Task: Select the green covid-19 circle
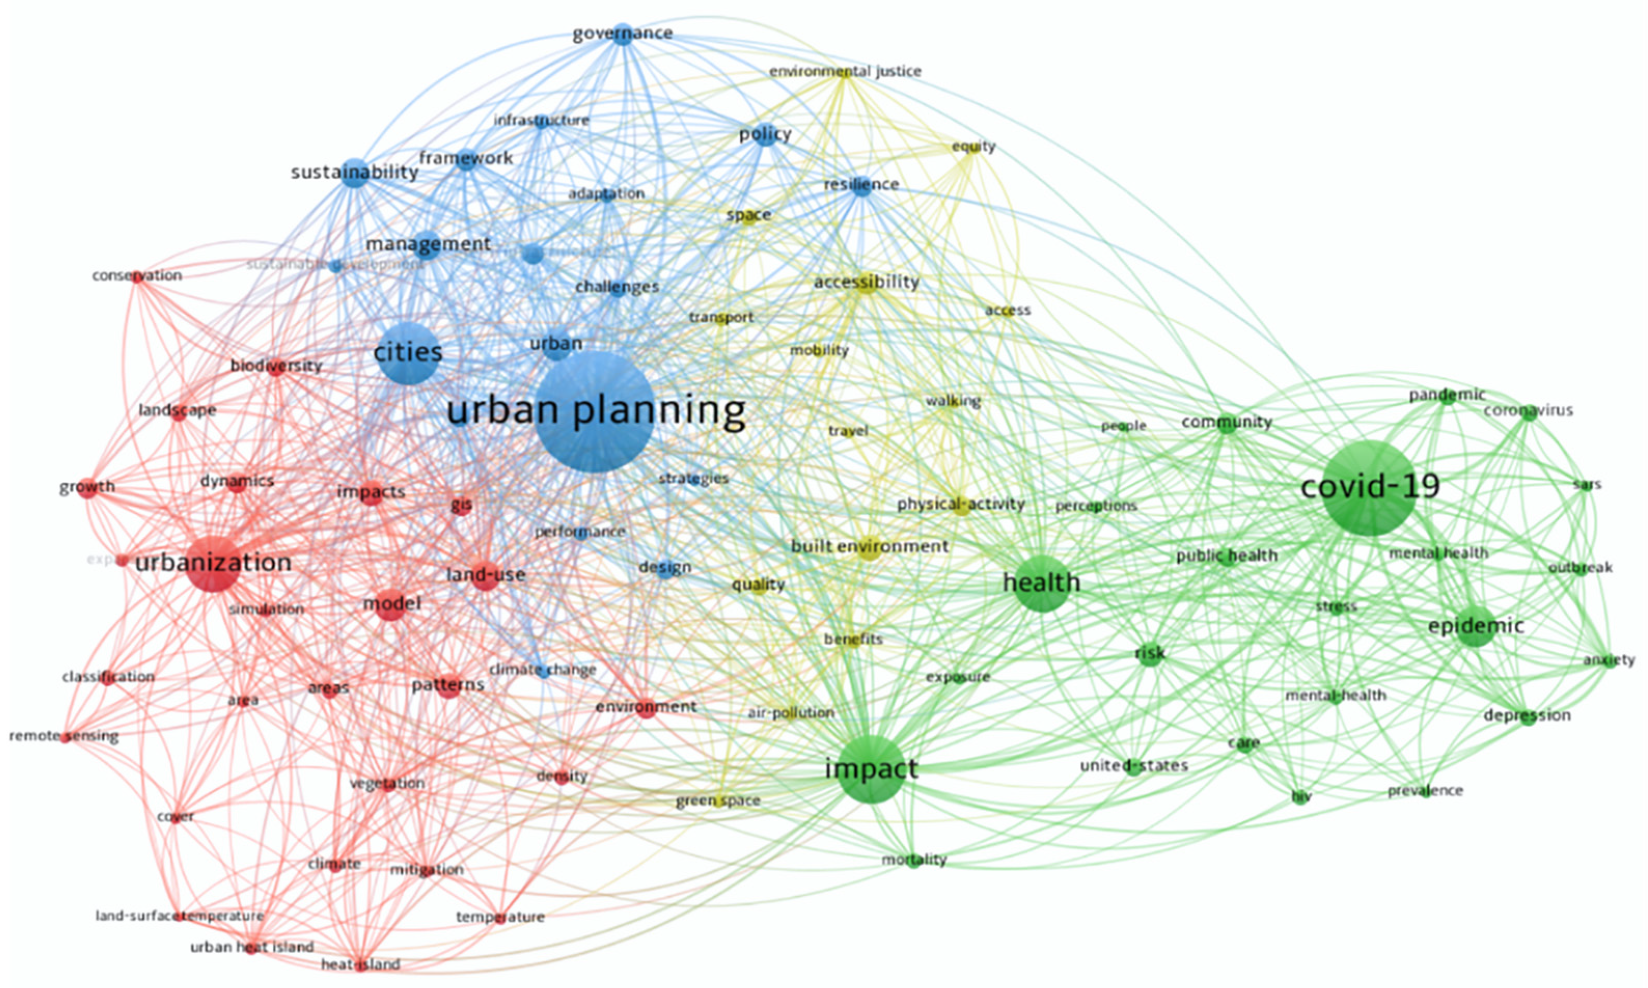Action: (x=1369, y=488)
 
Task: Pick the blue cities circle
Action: (x=408, y=353)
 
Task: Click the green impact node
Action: (x=871, y=770)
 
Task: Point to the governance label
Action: (x=622, y=33)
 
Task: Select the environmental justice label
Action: (x=845, y=71)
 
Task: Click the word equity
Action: (x=973, y=146)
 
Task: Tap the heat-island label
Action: (x=360, y=964)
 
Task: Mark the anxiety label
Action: (x=1609, y=660)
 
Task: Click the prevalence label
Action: (x=1425, y=791)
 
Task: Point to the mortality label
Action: (x=913, y=859)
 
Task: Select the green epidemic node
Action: (x=1476, y=627)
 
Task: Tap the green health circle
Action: (x=1042, y=583)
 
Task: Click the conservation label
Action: (x=137, y=275)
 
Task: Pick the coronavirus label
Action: (x=1528, y=411)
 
